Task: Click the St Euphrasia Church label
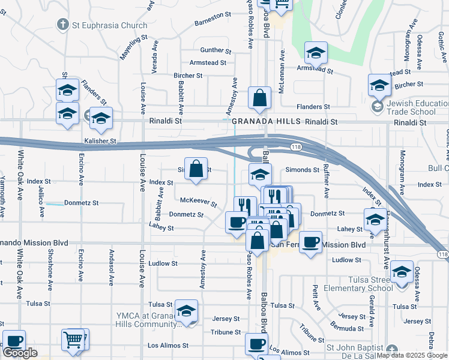click(x=109, y=25)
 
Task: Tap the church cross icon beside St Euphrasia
click(x=62, y=25)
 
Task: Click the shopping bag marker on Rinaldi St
click(x=259, y=99)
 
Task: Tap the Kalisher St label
click(x=100, y=139)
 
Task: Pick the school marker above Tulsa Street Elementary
click(x=402, y=272)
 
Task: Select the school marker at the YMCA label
click(x=187, y=311)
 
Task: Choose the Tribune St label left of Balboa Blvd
click(x=226, y=332)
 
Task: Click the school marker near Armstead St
click(x=316, y=53)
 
